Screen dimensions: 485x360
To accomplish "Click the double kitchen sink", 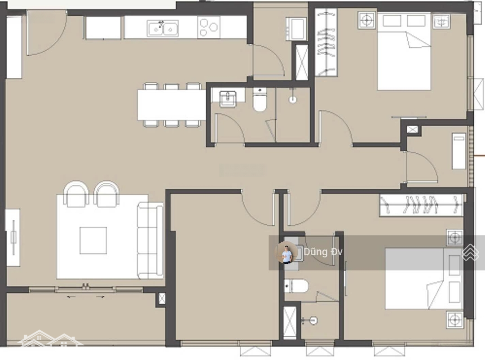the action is [163, 28].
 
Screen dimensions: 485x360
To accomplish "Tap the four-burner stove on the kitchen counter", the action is [208, 27].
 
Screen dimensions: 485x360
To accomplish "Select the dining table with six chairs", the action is [172, 105].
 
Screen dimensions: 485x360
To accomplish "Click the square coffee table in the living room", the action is [93, 240].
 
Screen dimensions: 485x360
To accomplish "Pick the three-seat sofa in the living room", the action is [150, 240].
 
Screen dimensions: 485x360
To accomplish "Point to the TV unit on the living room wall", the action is [13, 237].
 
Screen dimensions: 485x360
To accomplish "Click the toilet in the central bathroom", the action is [260, 100].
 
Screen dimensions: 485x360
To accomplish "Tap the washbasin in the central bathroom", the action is [228, 98].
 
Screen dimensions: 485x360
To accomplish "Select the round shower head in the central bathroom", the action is [293, 99].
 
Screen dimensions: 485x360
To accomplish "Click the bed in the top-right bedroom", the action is [404, 51].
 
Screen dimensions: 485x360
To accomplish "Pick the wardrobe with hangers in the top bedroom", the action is [326, 42].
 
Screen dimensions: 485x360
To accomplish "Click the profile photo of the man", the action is [287, 252].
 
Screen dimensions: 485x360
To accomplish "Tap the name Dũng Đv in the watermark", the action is [323, 252].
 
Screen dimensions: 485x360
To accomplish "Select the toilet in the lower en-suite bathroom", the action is [296, 286].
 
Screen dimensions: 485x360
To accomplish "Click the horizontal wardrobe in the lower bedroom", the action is [421, 204].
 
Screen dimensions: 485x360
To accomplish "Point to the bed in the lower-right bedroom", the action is [424, 279].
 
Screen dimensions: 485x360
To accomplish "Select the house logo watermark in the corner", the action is [49, 338].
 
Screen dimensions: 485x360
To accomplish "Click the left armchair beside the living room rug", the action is [76, 194].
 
